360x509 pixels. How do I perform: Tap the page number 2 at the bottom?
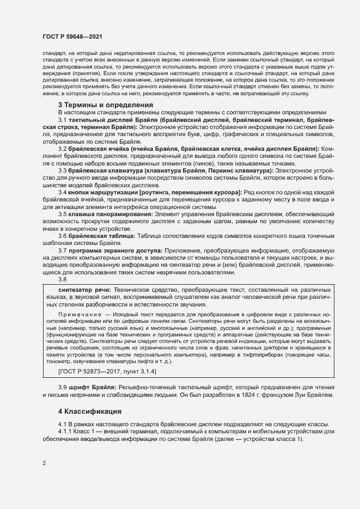coord(44,463)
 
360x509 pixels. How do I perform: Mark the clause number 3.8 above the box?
coord(63,279)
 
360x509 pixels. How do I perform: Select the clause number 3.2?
coord(63,149)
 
